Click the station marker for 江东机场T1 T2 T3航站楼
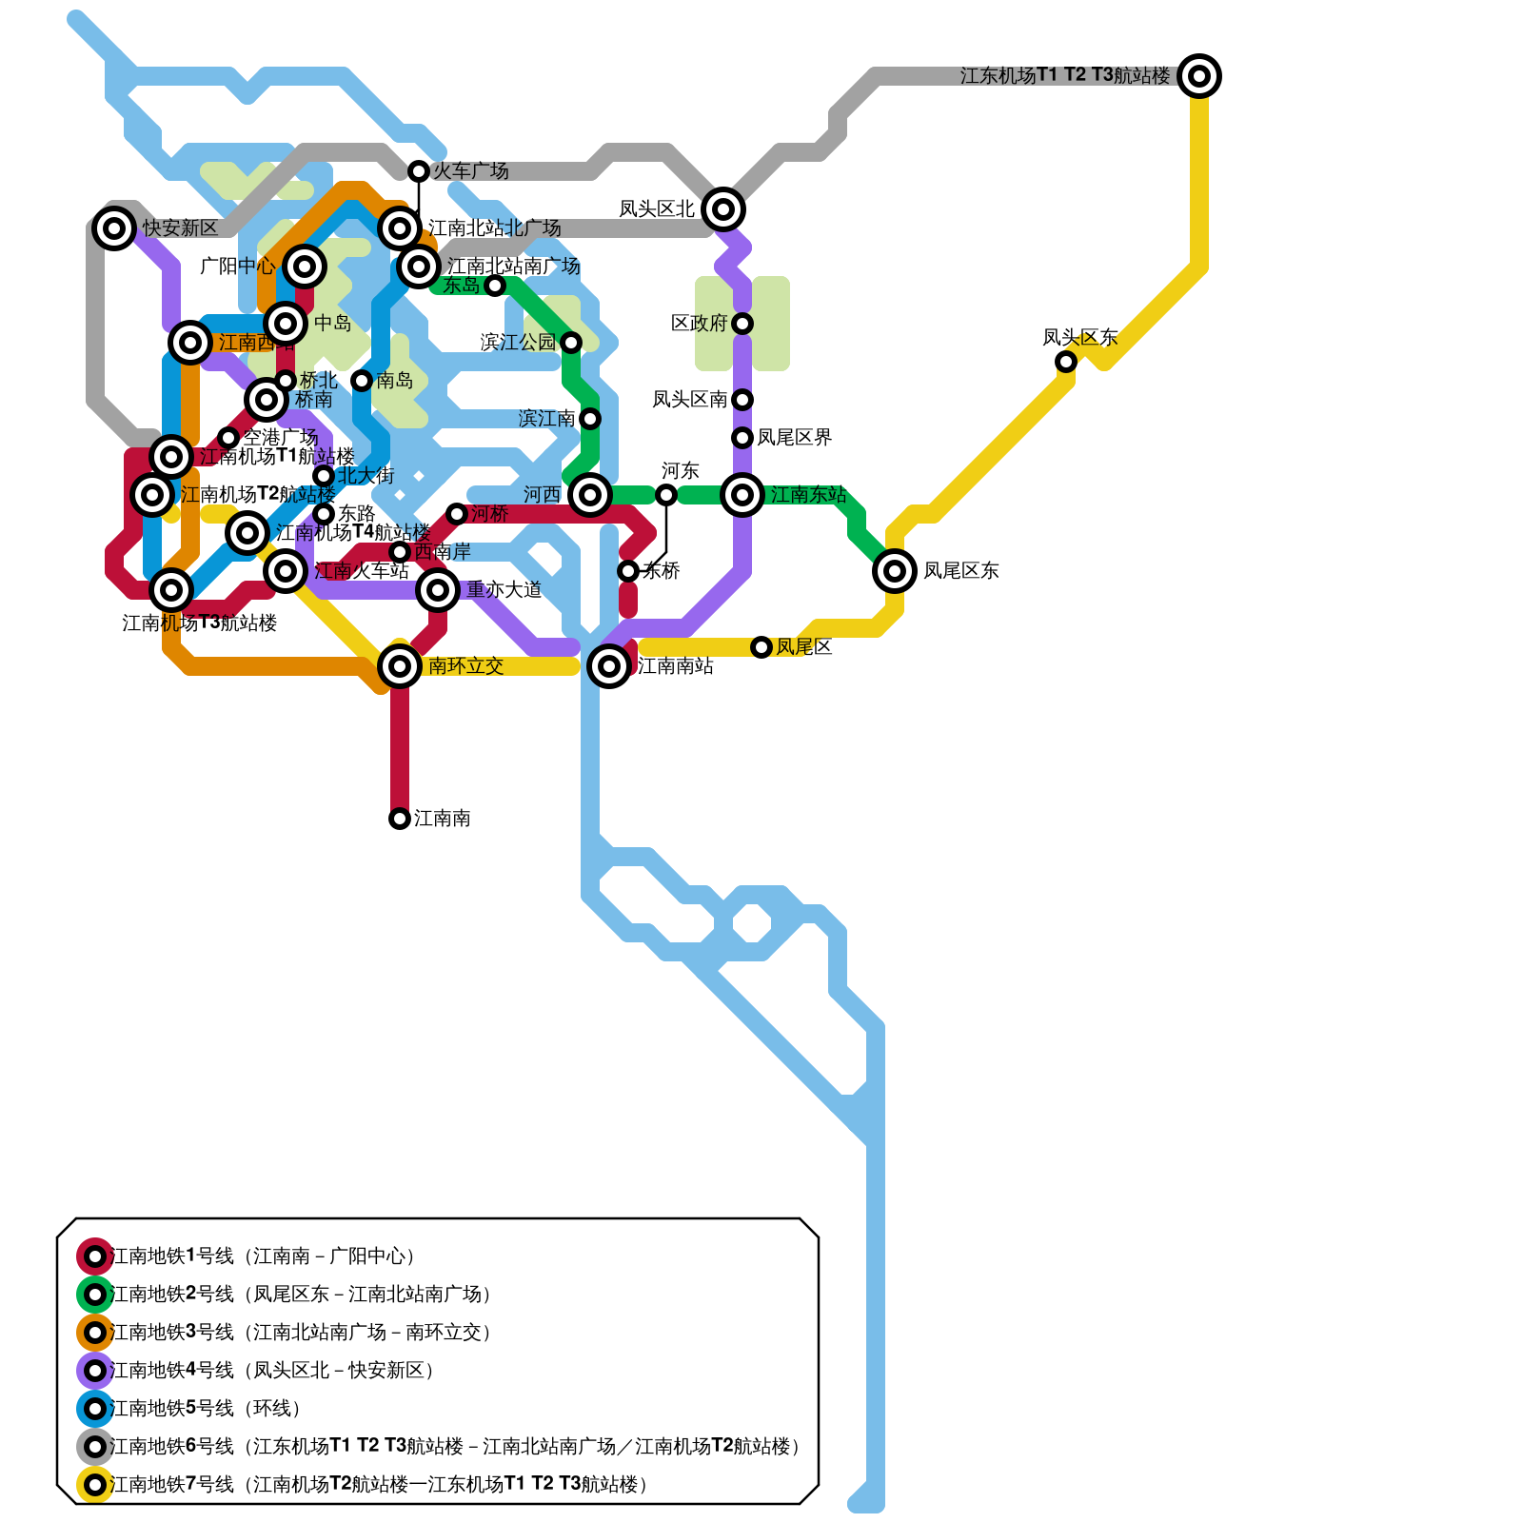click(1199, 76)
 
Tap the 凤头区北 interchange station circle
click(723, 209)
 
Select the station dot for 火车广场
click(419, 171)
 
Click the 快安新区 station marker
click(114, 228)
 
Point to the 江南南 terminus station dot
click(400, 819)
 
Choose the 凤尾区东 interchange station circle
click(895, 571)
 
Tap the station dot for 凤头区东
click(1066, 362)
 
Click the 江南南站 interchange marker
click(609, 666)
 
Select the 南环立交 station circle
click(400, 666)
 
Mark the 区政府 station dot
click(742, 324)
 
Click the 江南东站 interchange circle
click(742, 495)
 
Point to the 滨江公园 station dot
click(571, 343)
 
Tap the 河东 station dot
click(666, 495)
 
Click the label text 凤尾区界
click(794, 438)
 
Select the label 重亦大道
click(504, 590)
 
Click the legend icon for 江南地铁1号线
click(95, 1256)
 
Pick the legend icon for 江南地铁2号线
click(95, 1295)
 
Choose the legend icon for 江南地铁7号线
click(95, 1485)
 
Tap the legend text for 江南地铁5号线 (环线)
click(206, 1409)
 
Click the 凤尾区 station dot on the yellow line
click(761, 647)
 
